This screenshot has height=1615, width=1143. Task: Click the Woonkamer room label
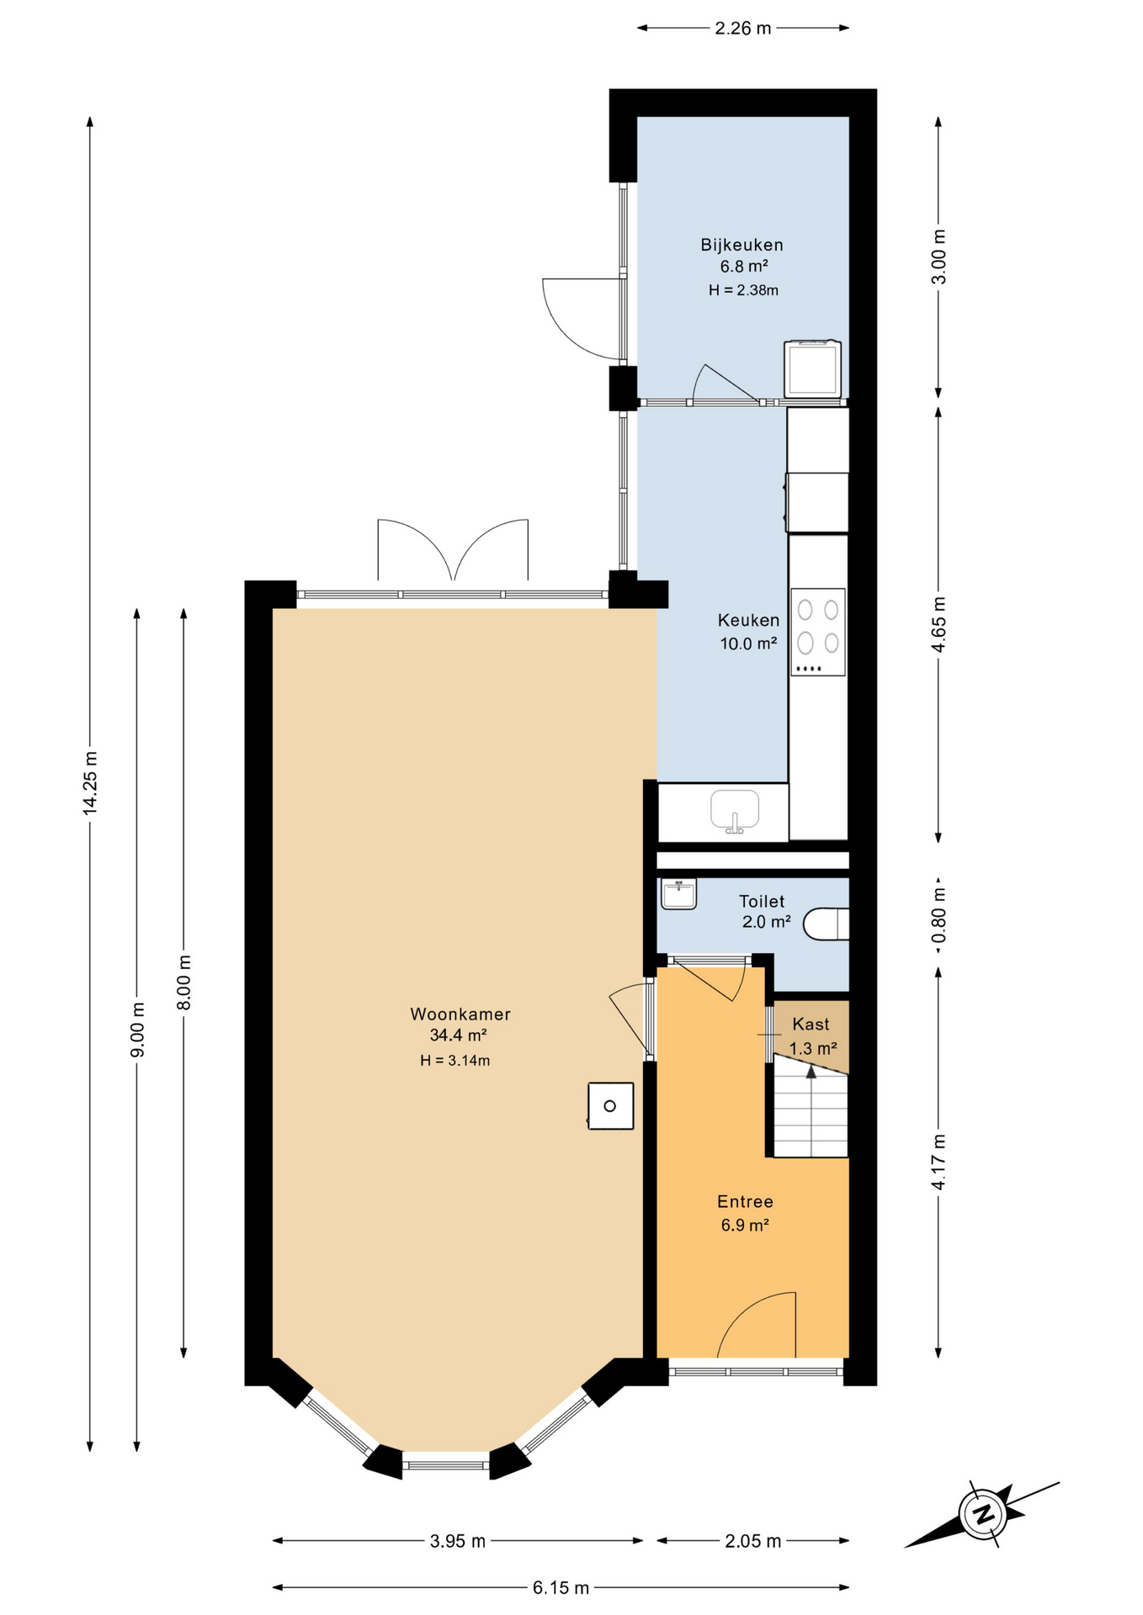(x=460, y=1014)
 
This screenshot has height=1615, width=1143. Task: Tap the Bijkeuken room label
(x=742, y=245)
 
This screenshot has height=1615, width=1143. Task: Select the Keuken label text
(x=748, y=620)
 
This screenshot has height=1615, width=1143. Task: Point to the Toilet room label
(x=762, y=901)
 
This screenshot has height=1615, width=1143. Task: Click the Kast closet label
(x=811, y=1024)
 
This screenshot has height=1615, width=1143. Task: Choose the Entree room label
(x=745, y=1201)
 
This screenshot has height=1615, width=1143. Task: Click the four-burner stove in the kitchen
(x=817, y=632)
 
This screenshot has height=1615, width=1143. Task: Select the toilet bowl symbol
(x=826, y=924)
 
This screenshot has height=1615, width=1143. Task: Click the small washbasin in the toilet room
(x=678, y=894)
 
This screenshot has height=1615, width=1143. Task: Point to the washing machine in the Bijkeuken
(x=812, y=368)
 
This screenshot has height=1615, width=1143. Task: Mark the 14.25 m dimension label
(x=90, y=782)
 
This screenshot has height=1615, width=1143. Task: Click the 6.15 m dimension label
(x=561, y=1588)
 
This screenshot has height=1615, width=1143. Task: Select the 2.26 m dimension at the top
(x=743, y=28)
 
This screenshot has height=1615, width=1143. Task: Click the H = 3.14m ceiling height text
(x=455, y=1061)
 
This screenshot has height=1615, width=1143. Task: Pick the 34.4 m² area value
(x=459, y=1035)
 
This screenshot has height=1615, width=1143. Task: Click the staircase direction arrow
(x=811, y=1071)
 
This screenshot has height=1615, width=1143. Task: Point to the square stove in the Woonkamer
(x=610, y=1105)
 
